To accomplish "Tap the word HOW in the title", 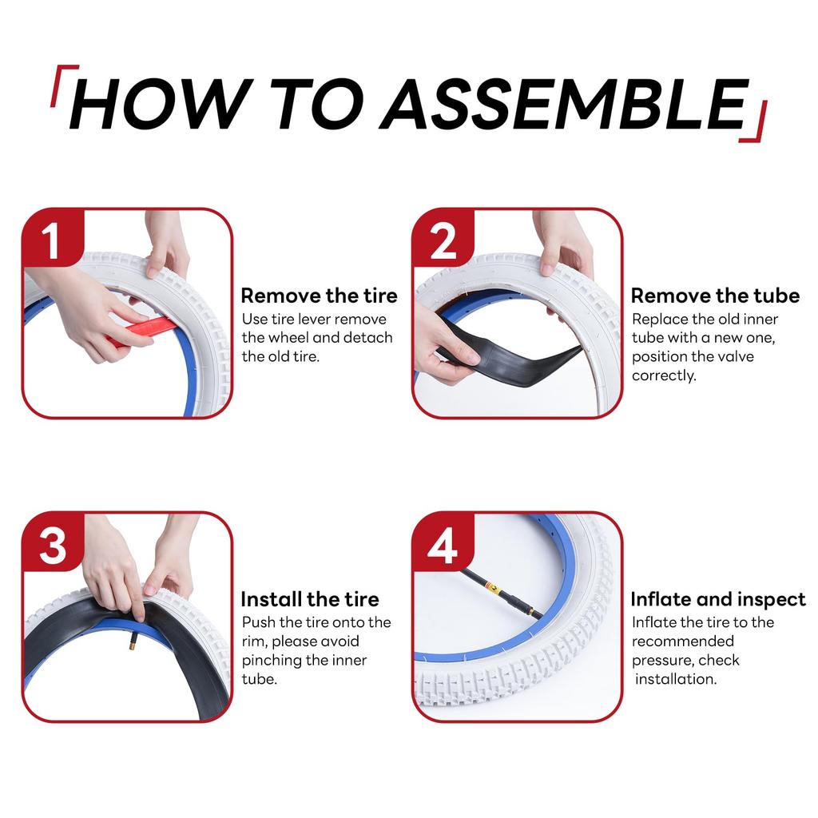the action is pos(156,104).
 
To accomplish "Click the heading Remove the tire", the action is pos(319,296).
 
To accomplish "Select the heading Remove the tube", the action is pos(715,296).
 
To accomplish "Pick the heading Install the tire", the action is pos(310,599).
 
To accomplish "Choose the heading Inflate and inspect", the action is pos(718,599).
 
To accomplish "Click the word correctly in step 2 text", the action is pos(664,375).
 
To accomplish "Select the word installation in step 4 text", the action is pos(676,679).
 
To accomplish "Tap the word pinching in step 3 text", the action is pos(271,661).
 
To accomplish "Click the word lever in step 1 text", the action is pos(312,320).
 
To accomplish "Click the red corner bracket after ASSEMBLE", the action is pos(756,122).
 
